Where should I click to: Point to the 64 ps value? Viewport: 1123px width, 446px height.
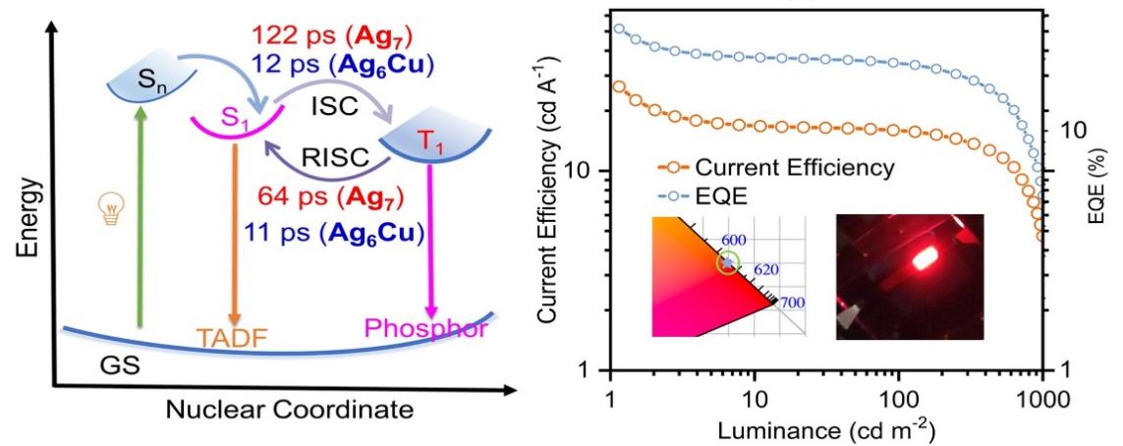[x=287, y=204]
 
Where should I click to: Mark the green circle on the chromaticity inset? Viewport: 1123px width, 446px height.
[x=727, y=262]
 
